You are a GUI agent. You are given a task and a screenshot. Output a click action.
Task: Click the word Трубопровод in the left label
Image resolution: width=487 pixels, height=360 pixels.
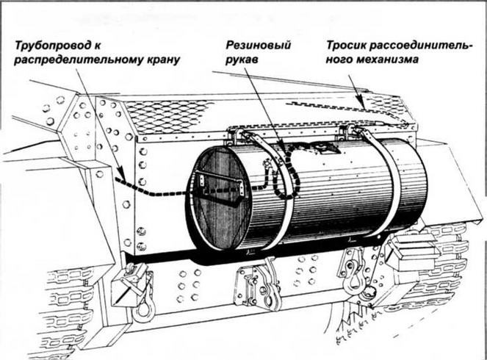[52, 46]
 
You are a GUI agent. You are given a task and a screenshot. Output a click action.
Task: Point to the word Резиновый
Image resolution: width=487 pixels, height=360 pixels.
[258, 46]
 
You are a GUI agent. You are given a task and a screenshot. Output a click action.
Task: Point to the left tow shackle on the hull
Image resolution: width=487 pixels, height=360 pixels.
[136, 290]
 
